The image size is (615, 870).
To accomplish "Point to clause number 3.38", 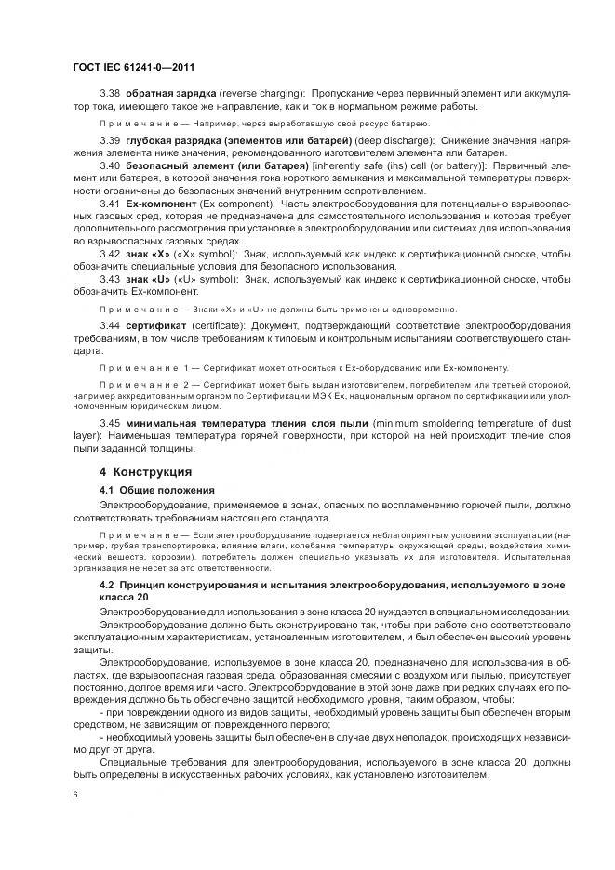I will tap(111, 95).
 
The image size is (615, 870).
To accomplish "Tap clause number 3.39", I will tap(111, 139).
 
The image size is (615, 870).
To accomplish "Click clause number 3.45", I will tap(111, 422).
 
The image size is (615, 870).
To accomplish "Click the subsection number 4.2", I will tap(107, 583).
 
